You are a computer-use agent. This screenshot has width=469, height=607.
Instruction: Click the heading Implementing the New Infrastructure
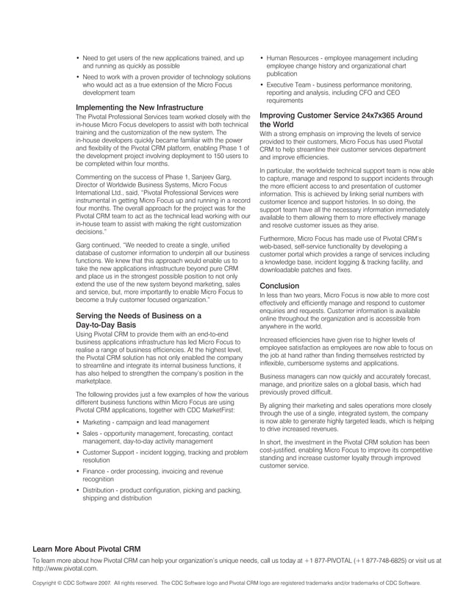140,107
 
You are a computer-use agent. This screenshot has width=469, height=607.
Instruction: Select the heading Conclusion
280,285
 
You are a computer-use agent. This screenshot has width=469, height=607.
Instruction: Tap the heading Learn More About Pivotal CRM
87,550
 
